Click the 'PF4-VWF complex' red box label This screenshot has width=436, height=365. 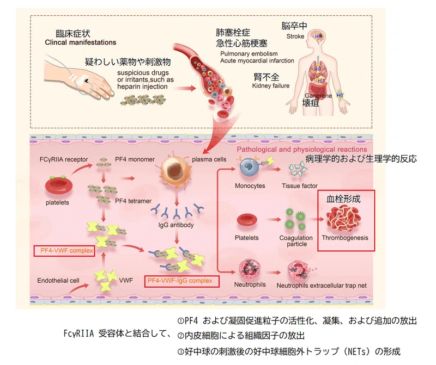[64, 251]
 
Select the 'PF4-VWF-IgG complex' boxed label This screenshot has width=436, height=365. [182, 281]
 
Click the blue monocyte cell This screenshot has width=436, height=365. [249, 167]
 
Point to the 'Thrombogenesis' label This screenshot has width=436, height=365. [345, 238]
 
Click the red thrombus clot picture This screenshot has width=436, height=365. [343, 219]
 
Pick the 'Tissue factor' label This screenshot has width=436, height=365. [299, 186]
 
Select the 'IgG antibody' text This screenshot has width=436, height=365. [176, 225]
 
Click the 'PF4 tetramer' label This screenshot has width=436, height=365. [133, 201]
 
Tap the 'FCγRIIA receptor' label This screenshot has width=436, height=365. [64, 159]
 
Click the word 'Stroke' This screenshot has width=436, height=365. [295, 36]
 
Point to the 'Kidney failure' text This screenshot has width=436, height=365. [271, 86]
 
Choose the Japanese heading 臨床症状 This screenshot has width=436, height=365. [73, 34]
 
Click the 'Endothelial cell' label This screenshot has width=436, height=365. [58, 281]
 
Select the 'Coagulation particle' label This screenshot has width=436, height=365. [296, 241]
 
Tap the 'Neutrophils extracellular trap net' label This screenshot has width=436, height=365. [322, 286]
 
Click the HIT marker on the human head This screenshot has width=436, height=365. [318, 36]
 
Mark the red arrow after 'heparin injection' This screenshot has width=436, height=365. [189, 89]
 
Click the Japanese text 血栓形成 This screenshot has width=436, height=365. [343, 199]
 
